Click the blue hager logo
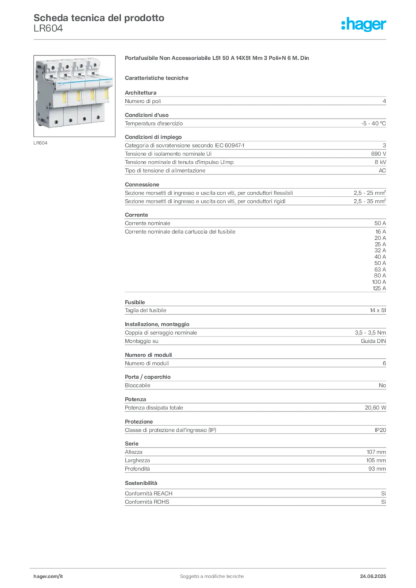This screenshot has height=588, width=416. pos(365,25)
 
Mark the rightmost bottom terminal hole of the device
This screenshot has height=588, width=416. pos(99,118)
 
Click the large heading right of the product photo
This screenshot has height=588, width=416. pos(218,59)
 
